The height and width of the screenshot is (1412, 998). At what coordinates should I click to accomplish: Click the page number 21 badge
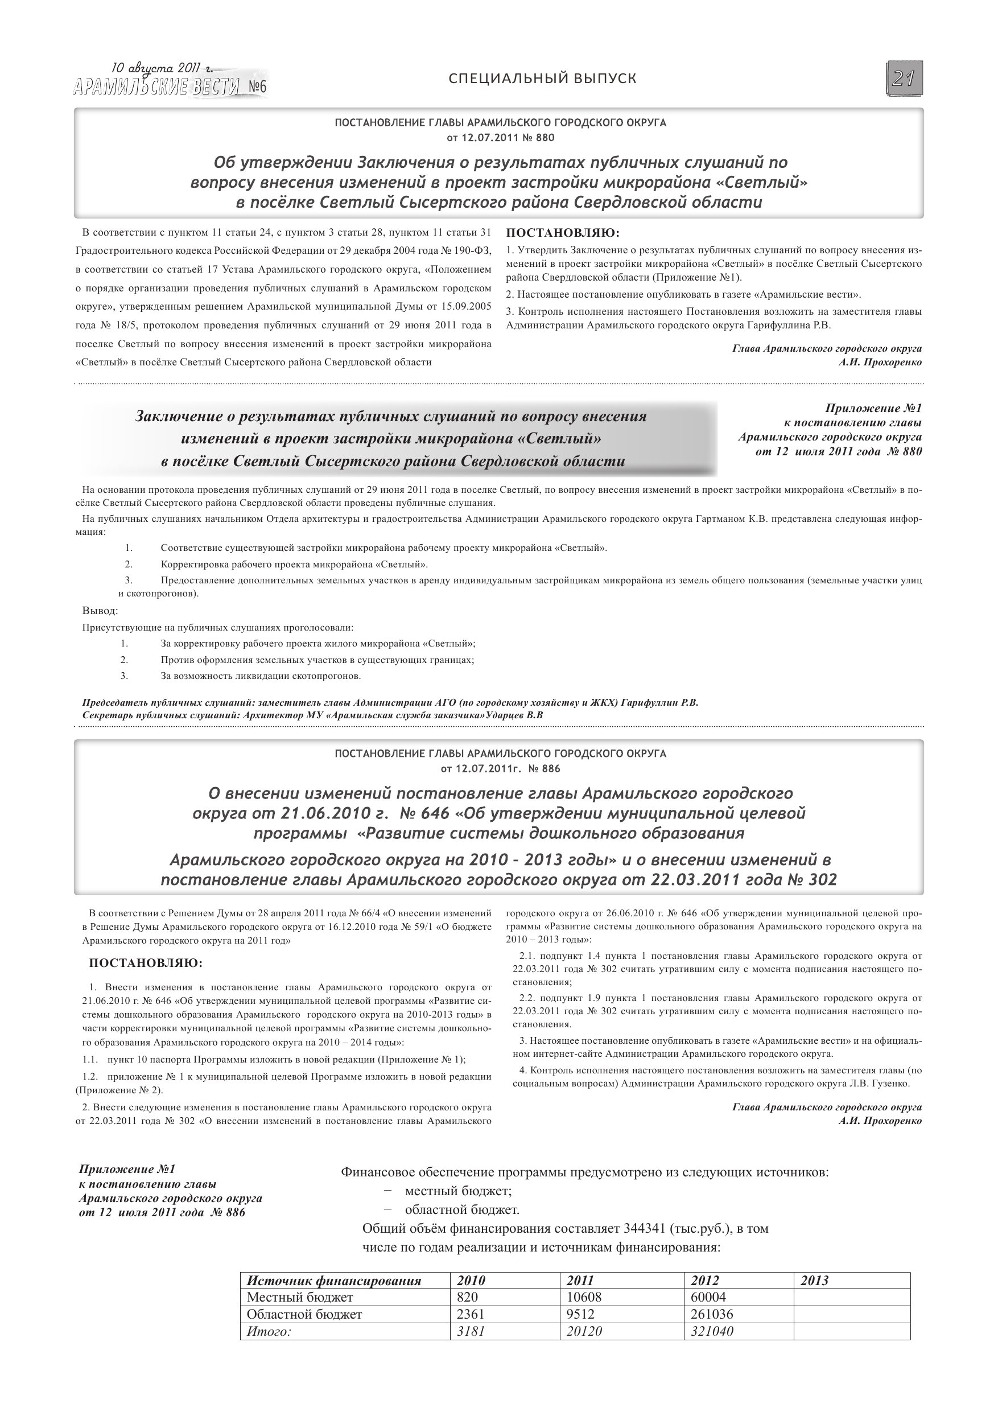pos(904,79)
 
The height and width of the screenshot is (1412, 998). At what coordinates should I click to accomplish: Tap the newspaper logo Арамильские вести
pos(156,88)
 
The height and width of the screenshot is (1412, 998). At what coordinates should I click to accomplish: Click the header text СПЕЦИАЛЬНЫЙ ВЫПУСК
pos(542,79)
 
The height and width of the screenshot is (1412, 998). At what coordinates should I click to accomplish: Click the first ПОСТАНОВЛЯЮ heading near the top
pos(562,233)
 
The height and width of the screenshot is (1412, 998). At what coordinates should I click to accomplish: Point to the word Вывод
pos(100,611)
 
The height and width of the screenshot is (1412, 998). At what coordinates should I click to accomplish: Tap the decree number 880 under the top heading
pos(545,137)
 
